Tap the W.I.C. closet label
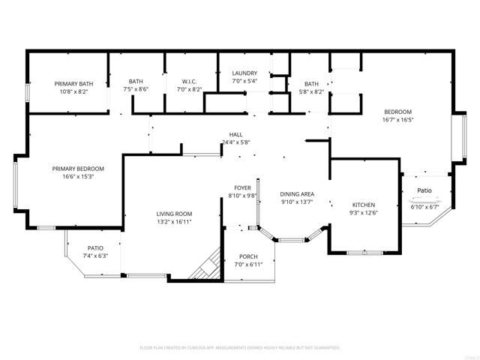(189, 81)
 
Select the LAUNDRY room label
(244, 73)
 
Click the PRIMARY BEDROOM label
(78, 169)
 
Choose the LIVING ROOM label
(174, 214)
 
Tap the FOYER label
(242, 188)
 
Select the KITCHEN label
(364, 205)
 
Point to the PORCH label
(248, 256)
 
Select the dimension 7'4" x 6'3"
(95, 256)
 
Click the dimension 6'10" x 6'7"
(424, 206)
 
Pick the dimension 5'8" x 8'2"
(311, 91)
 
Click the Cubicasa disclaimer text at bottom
(240, 348)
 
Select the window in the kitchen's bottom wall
(364, 253)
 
